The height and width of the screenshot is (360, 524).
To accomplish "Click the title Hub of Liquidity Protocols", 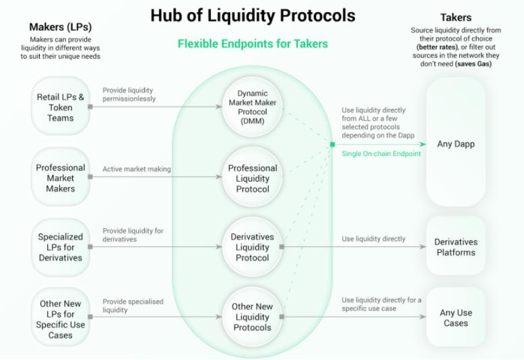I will point(253,15).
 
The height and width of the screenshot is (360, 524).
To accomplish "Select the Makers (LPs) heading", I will point(61,28).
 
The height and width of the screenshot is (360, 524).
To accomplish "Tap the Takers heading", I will point(456,17).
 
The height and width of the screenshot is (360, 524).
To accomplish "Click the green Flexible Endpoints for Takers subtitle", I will point(253,44).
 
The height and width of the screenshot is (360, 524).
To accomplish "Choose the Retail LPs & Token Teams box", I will point(61,107).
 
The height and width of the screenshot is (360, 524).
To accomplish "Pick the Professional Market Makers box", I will point(61,178).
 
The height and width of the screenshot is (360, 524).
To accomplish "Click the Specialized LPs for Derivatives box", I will point(61,247).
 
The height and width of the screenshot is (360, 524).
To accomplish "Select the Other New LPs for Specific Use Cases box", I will point(61,319).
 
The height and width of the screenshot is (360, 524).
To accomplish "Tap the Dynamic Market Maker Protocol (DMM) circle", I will point(253,107).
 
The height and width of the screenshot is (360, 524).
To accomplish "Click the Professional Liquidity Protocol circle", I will point(253,178).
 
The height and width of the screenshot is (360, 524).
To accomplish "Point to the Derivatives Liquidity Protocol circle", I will point(253,247).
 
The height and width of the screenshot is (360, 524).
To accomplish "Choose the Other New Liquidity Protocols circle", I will point(253,317).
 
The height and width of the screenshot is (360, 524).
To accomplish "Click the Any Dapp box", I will point(456,144).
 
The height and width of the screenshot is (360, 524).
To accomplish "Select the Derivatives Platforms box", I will point(456,247).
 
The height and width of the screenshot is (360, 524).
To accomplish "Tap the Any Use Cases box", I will point(456,318).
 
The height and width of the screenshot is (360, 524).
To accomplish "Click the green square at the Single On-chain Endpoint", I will point(332,144).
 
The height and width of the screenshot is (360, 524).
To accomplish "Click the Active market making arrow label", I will point(136,169).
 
